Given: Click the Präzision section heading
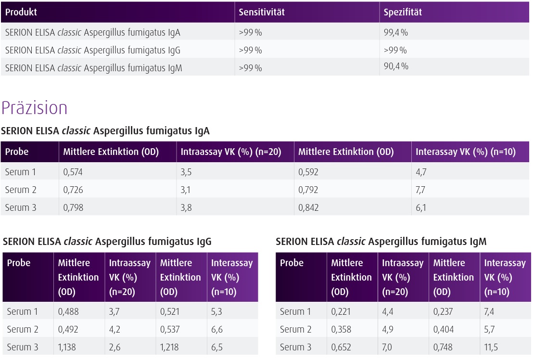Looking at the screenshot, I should click(35, 108).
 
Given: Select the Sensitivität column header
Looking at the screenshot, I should click(262, 13).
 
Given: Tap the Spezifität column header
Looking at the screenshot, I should click(403, 13).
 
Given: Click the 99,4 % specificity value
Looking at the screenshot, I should click(396, 33).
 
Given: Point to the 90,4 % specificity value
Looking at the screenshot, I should click(396, 66).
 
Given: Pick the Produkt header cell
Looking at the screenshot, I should click(21, 13).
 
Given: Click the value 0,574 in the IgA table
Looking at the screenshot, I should click(73, 172).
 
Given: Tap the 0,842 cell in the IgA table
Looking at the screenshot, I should click(308, 208).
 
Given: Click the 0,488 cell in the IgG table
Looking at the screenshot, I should click(68, 311).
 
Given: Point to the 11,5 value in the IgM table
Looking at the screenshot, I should click(491, 347).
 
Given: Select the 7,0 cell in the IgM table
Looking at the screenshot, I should click(388, 347).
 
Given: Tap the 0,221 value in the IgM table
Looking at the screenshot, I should click(341, 311).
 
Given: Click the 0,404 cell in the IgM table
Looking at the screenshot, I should click(444, 330).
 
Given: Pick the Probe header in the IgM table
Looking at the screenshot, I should click(292, 263).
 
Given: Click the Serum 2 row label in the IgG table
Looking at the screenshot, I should click(22, 330).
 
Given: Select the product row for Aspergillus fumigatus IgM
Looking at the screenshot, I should click(94, 68).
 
